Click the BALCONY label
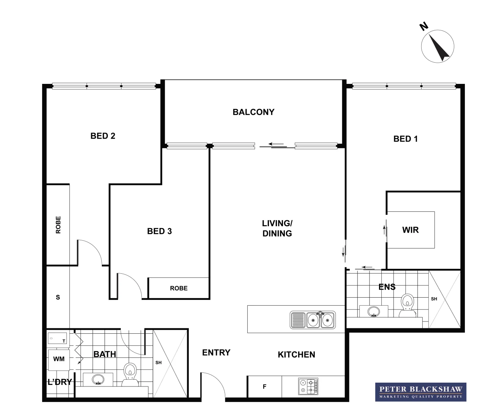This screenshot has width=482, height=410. click(253, 112)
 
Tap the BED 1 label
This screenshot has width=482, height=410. click(405, 139)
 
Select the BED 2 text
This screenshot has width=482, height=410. click(103, 136)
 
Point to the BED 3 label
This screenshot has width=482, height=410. click(159, 231)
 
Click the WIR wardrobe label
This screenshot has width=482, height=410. click(410, 230)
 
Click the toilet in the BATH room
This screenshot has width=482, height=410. click(130, 374)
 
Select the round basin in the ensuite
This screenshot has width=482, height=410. click(374, 311)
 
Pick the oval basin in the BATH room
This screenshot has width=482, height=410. click(98, 379)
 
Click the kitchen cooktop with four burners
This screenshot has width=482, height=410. click(308, 386)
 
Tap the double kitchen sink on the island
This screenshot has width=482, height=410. click(313, 320)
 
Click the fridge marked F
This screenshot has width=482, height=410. click(264, 387)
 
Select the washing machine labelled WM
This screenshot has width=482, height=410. click(58, 359)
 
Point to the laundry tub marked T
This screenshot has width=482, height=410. click(57, 338)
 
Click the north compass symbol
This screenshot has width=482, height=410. click(438, 46)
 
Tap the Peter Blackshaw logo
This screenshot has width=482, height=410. click(420, 392)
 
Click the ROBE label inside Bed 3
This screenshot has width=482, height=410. click(179, 288)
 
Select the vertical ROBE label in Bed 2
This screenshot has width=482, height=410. click(58, 225)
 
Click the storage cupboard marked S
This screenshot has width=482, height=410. click(58, 297)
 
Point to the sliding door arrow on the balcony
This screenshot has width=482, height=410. click(276, 144)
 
